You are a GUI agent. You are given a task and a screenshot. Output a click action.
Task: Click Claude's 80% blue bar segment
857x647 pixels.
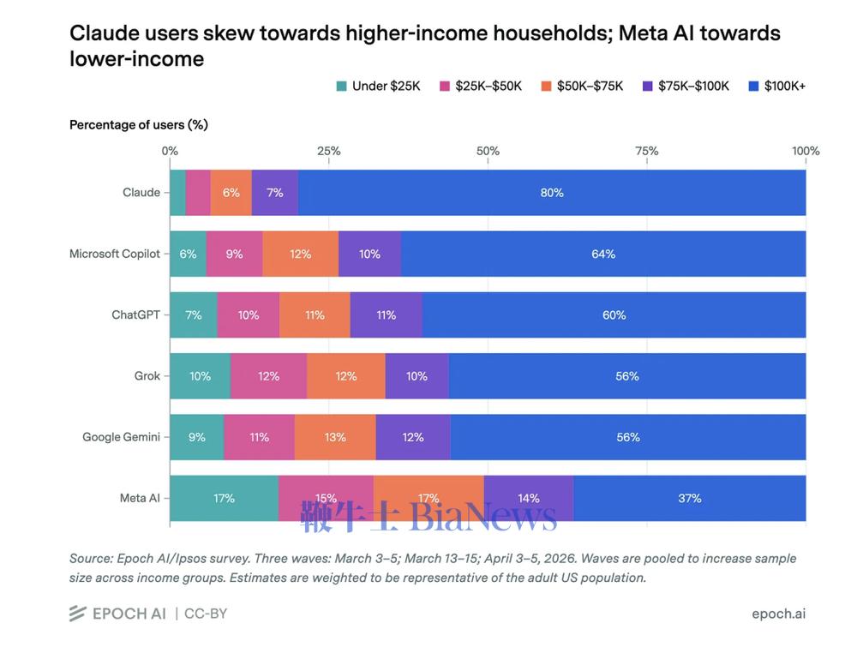pos(552,192)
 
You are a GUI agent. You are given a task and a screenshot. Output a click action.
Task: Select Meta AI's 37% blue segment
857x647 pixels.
pos(690,499)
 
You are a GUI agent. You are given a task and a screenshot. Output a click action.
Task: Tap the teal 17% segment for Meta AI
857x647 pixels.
pos(224,499)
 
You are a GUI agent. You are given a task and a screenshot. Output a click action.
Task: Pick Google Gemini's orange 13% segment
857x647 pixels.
pos(335,437)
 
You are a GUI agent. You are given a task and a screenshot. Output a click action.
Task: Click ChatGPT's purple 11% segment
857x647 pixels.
pos(387,315)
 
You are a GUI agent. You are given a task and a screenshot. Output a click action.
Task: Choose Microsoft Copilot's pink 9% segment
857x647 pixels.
pos(235,254)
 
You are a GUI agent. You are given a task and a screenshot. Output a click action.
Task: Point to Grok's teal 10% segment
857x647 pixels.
pos(200,376)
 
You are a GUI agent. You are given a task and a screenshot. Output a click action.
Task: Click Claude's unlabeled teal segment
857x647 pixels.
pos(177,192)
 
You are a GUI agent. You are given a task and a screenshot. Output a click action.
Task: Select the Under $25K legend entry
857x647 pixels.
pos(378,86)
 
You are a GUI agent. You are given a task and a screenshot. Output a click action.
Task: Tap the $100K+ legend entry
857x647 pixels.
pos(776,86)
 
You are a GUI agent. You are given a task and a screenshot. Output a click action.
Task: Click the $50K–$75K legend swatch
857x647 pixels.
pos(546,87)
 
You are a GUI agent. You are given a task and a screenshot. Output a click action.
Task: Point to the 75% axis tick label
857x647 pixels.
pos(646,151)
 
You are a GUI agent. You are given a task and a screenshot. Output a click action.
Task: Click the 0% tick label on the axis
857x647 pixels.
pos(170,151)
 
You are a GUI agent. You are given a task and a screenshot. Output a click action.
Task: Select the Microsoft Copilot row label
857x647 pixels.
pos(115,254)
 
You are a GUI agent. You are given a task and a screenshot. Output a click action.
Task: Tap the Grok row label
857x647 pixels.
pos(147,376)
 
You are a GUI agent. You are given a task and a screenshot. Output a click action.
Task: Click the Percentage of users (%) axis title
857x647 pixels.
pos(139,124)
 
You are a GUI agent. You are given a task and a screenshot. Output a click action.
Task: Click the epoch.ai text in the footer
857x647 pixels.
pos(778,614)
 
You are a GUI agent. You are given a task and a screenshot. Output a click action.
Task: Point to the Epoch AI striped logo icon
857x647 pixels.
pos(78,614)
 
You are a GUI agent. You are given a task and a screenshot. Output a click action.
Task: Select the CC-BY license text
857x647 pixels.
pos(206,614)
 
